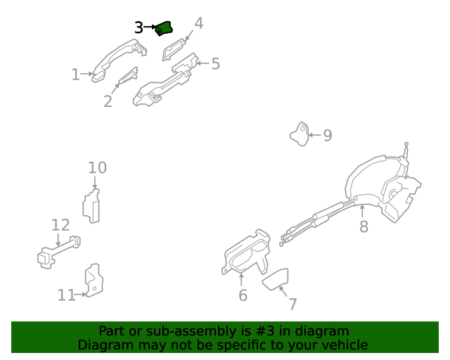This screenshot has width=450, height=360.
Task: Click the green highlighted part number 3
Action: pyautogui.click(x=164, y=28)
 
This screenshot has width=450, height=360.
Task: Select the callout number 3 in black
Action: pyautogui.click(x=139, y=28)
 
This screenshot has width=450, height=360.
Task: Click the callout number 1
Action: pyautogui.click(x=75, y=75)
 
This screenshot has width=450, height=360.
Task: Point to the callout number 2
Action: pyautogui.click(x=108, y=101)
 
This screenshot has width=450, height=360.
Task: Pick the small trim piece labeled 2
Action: pyautogui.click(x=129, y=75)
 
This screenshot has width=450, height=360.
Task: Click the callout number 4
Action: pyautogui.click(x=198, y=23)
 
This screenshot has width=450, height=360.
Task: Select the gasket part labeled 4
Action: pyautogui.click(x=173, y=49)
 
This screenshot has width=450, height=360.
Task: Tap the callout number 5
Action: pyautogui.click(x=216, y=64)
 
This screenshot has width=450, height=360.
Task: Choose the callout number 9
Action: pyautogui.click(x=328, y=135)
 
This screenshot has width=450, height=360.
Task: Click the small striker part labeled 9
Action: pyautogui.click(x=300, y=134)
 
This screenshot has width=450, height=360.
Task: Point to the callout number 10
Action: pyautogui.click(x=97, y=167)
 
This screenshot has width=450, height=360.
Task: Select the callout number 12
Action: pyautogui.click(x=60, y=225)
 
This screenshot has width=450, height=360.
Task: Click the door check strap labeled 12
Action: pyautogui.click(x=58, y=252)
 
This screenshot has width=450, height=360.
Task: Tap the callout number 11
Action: pyautogui.click(x=66, y=295)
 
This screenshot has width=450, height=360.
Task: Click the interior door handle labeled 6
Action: pyautogui.click(x=247, y=252)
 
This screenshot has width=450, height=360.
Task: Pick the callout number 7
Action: pyautogui.click(x=292, y=304)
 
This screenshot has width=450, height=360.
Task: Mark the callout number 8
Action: pyautogui.click(x=364, y=226)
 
